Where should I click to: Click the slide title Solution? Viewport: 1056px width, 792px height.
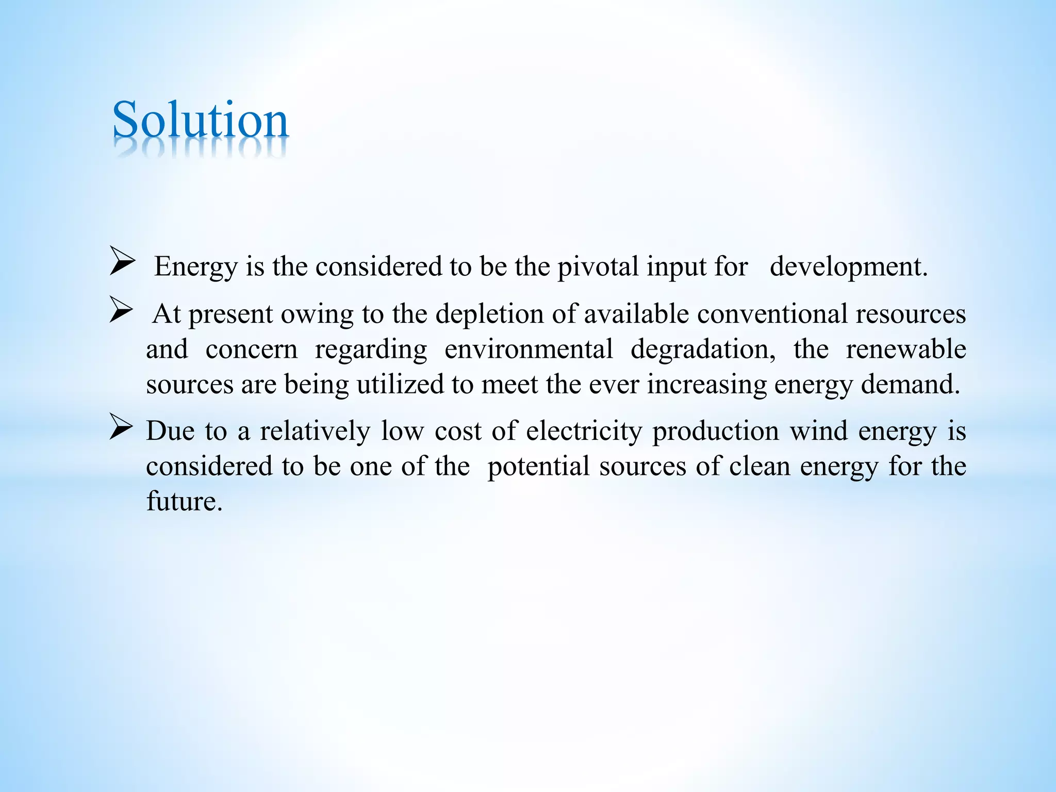200,121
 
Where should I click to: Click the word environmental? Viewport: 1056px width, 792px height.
529,350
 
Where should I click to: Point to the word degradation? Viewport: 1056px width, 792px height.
702,350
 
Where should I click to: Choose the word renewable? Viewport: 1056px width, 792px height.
905,350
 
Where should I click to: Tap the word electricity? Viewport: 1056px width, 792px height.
584,431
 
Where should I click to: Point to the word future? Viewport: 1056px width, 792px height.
184,501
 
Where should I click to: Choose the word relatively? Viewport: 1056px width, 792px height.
315,431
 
